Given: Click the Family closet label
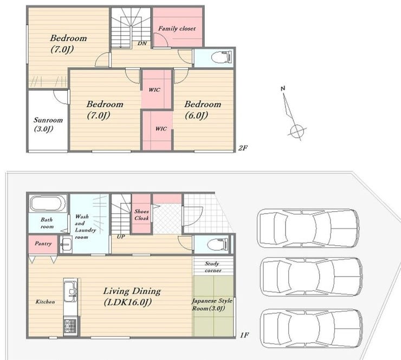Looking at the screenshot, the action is [177, 28].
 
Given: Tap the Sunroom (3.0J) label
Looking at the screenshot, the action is [48, 125].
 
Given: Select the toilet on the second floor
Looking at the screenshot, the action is [222, 57].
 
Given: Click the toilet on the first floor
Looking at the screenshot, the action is [217, 245].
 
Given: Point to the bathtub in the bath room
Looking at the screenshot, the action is [48, 204].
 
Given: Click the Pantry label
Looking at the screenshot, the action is [43, 244].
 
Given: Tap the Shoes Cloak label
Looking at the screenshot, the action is [141, 214].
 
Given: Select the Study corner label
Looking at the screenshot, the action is [213, 267].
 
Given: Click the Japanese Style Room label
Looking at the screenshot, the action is [212, 304].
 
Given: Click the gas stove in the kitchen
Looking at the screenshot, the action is [70, 326].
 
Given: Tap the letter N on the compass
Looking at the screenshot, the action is [283, 88].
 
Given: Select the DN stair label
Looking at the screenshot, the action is [142, 43].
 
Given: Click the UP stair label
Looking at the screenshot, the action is [121, 237].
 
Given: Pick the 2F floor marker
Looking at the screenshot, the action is [243, 148].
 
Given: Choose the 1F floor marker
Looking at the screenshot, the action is [244, 335].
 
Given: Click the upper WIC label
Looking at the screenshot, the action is [154, 90].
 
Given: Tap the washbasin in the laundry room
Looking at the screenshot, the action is [66, 245].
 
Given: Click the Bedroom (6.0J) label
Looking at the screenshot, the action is [203, 109].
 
